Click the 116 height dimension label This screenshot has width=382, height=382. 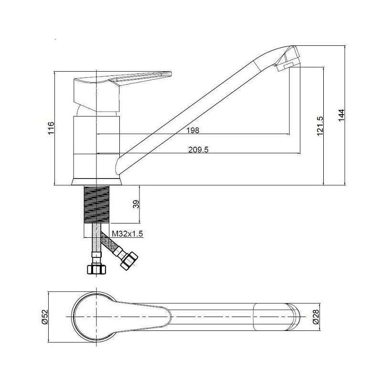tap(51, 128)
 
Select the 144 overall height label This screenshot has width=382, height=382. tap(341, 115)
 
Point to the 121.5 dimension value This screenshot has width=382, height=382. tap(319, 126)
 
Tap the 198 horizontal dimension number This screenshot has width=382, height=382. tap(193, 130)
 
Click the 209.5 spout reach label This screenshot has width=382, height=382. tap(198, 149)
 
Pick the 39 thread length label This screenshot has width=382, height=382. tap(136, 204)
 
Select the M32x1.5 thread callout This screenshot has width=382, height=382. tap(127, 234)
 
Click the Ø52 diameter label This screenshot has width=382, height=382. tap(44, 317)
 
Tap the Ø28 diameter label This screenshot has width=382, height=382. tap(316, 317)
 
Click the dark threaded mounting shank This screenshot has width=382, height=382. tap(96, 205)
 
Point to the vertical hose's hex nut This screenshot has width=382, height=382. tap(97, 269)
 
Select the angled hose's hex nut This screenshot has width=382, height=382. tap(129, 261)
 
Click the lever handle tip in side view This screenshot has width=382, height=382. tap(170, 74)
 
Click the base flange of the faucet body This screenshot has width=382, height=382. tap(97, 182)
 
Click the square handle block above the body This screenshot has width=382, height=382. tap(96, 95)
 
